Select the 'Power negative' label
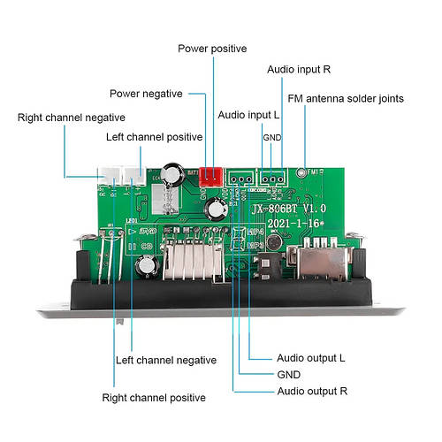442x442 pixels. pos(146,94)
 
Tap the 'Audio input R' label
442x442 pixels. pos(300,69)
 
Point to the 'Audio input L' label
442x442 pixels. pos(249,116)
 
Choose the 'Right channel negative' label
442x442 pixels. pos(72,117)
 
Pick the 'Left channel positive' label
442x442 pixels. pos(154,138)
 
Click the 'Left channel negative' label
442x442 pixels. pos(166,360)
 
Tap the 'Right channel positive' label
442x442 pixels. pos(154,398)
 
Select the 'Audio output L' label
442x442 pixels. pos(310,358)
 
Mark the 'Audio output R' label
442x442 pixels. pos(311,391)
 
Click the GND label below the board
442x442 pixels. pos(290,374)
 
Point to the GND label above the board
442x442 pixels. pos(271,137)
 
